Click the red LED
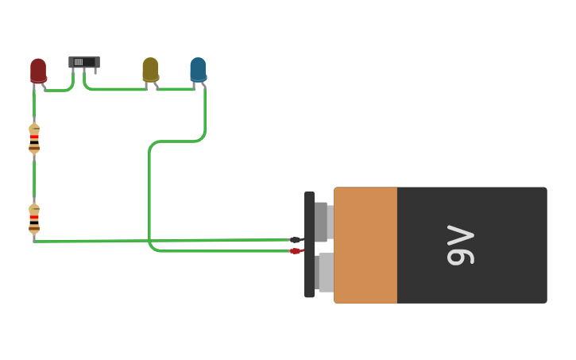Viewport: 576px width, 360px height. [38, 70]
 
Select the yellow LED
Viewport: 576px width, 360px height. [150, 69]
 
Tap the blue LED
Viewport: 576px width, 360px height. [198, 69]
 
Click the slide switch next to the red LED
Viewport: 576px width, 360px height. [84, 62]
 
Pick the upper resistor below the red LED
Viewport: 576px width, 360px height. [34, 138]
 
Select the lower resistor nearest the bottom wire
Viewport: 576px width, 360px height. [34, 219]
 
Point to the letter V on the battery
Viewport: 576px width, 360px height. [460, 235]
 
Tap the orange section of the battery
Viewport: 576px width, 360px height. [365, 245]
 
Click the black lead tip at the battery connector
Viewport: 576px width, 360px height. [296, 239]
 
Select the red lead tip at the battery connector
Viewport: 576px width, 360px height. [296, 251]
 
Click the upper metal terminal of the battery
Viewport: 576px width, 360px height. [323, 222]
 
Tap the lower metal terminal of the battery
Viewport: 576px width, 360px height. [324, 272]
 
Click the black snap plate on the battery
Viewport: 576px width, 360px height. [310, 244]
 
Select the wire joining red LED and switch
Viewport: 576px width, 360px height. [59, 90]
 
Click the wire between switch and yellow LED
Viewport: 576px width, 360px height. [115, 89]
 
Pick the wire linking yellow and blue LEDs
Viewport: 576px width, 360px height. [175, 89]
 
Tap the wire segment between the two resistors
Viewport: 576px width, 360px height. [34, 179]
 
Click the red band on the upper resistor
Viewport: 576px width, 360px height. [34, 136]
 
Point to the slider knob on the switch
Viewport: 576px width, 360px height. [79, 62]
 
